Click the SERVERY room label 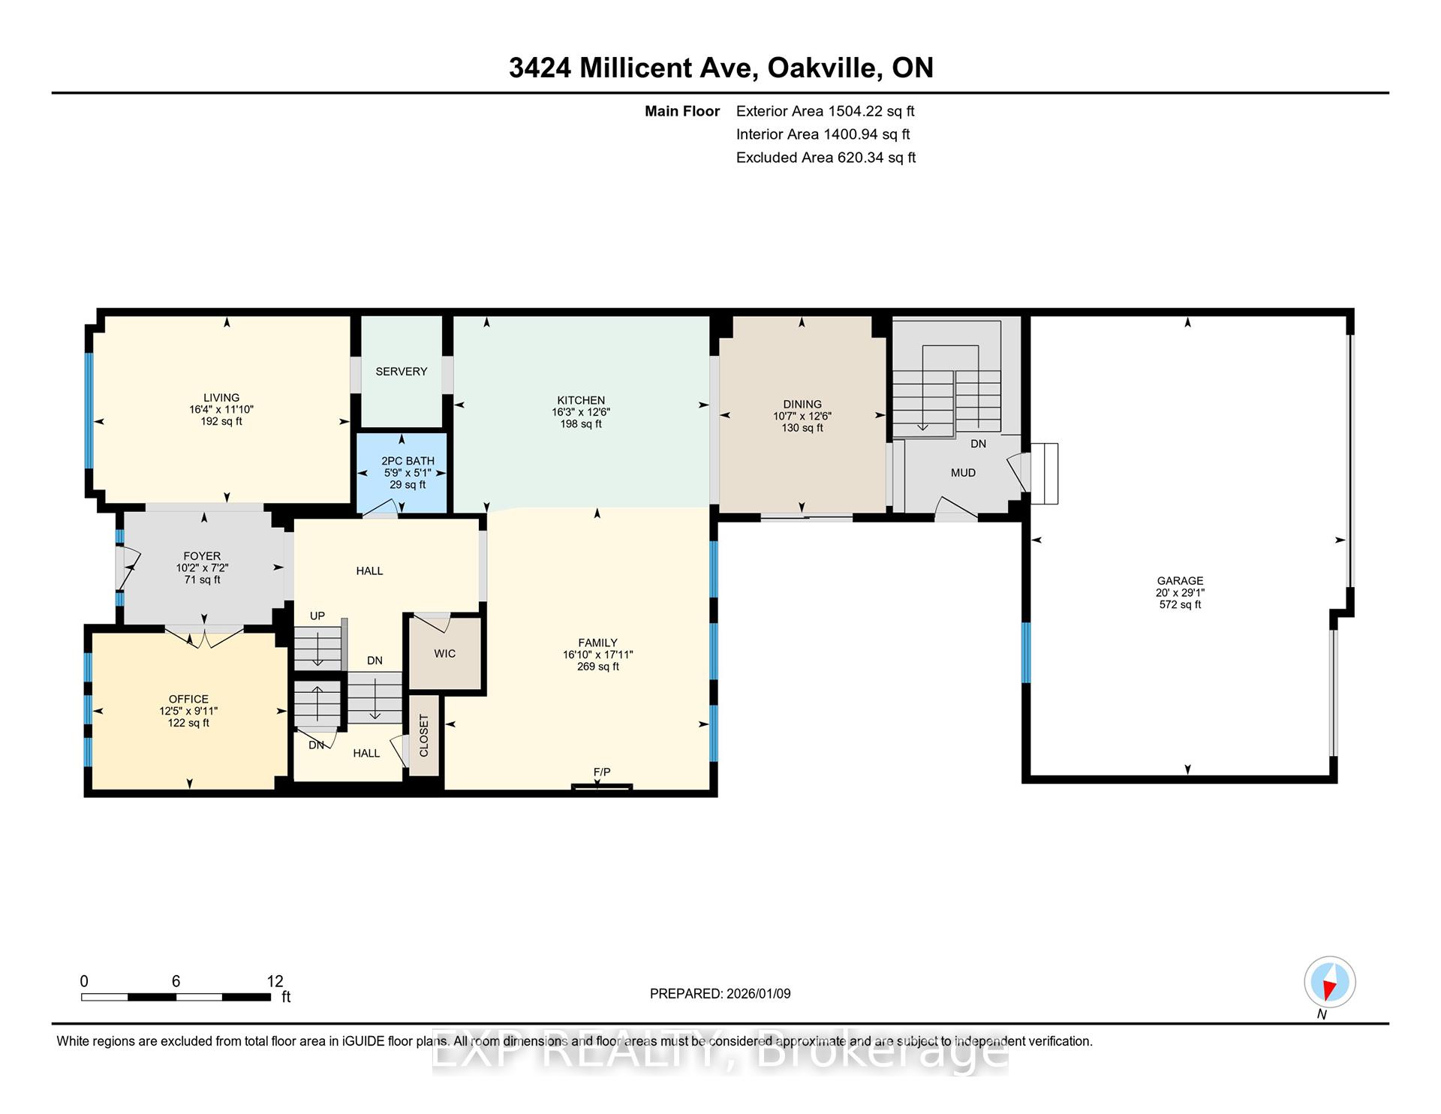click(401, 372)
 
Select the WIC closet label click(444, 654)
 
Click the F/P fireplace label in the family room click(602, 772)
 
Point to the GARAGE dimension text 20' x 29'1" click(1180, 592)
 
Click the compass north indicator click(1329, 982)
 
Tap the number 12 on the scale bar click(275, 981)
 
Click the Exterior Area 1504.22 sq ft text click(825, 111)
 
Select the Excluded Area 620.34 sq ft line click(826, 158)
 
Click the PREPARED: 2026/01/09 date click(720, 994)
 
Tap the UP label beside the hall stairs click(317, 616)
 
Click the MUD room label click(963, 473)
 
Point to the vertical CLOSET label click(424, 735)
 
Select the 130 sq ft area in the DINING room click(802, 428)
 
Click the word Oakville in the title click(825, 68)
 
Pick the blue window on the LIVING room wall click(89, 410)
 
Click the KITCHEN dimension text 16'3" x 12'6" click(581, 412)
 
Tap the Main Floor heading click(681, 111)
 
